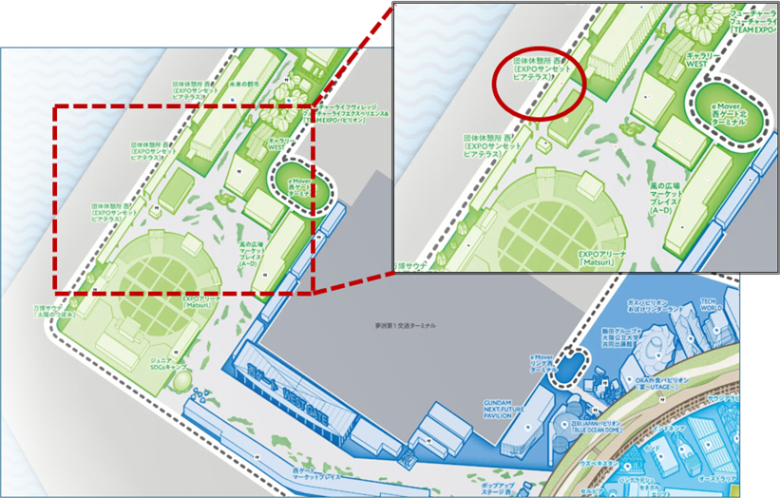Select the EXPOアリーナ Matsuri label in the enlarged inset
click(x=605, y=259)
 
